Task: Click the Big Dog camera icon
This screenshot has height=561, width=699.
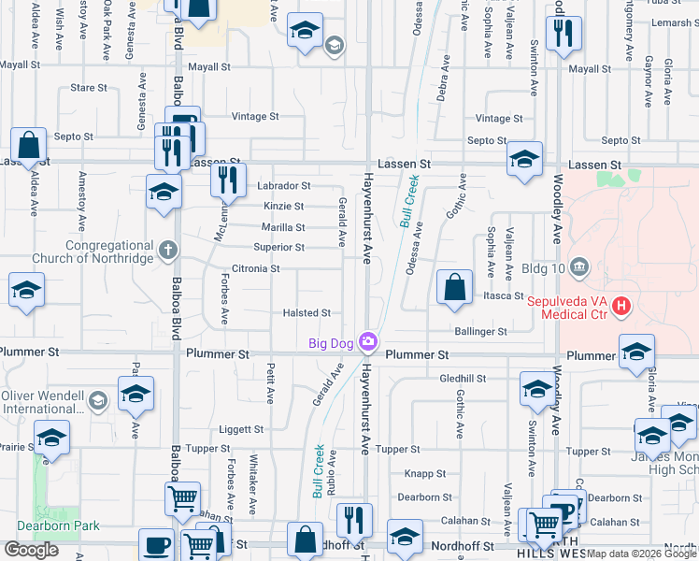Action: tap(370, 342)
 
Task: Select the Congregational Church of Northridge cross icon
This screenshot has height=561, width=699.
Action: tap(167, 249)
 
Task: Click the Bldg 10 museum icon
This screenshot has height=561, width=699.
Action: tap(579, 269)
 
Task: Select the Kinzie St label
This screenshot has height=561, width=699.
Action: tap(283, 206)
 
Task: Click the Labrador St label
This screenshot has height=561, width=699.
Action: tap(283, 186)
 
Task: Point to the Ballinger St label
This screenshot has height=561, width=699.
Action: tap(480, 331)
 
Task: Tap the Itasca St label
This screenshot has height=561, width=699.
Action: tap(503, 295)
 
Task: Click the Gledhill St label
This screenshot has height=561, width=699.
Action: tap(463, 379)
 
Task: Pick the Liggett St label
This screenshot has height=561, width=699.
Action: tap(241, 429)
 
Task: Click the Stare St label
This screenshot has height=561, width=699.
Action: tap(89, 88)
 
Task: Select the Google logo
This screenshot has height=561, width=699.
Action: tap(31, 550)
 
